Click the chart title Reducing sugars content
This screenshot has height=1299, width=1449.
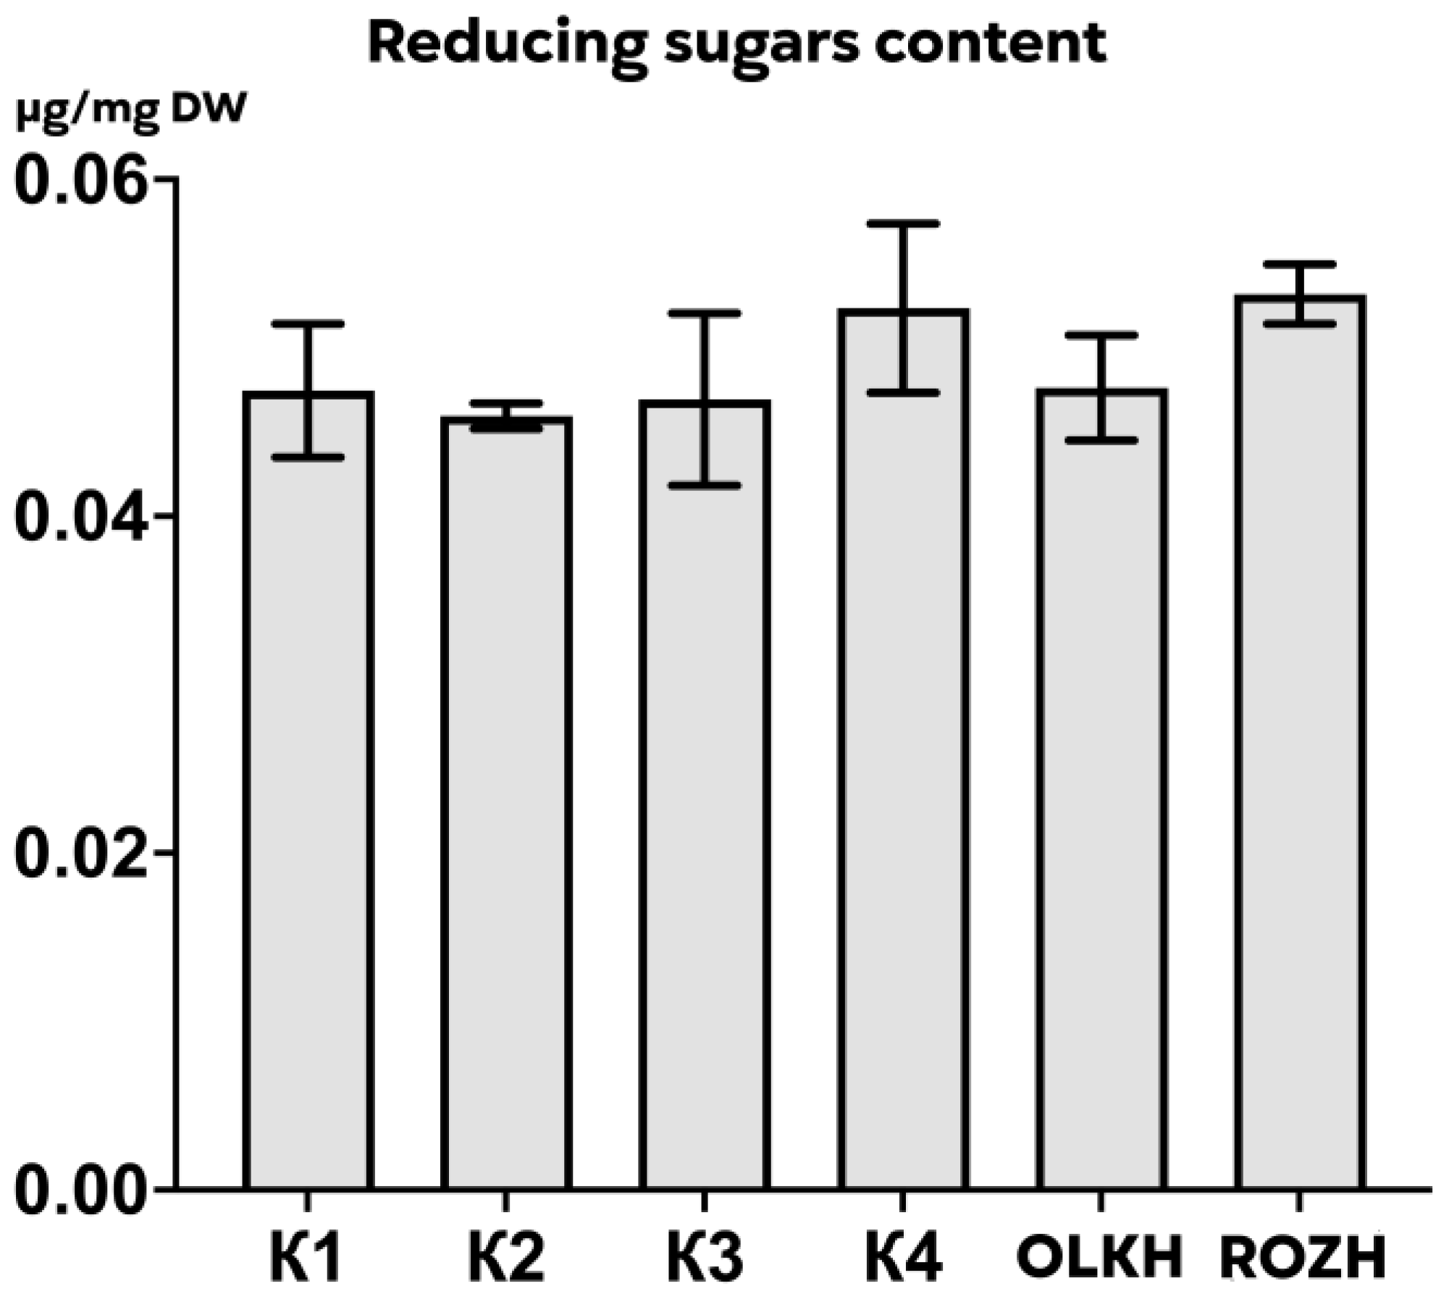tap(737, 43)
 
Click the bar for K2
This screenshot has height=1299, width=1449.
tap(507, 804)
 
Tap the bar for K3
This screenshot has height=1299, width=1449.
tap(705, 796)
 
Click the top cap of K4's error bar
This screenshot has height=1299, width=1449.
tap(903, 224)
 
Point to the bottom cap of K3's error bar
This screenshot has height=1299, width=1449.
tap(705, 485)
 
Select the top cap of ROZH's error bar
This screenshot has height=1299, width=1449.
tap(1299, 264)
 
